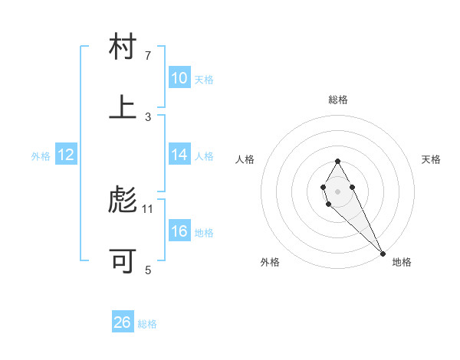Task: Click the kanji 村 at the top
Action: tap(123, 47)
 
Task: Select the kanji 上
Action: tap(123, 107)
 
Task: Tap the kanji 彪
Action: tap(123, 201)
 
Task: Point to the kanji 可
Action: tap(123, 261)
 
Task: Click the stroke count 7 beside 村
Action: tap(148, 56)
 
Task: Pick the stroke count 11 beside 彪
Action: tap(148, 208)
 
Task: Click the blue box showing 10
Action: tap(179, 78)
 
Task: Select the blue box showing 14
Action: tap(179, 155)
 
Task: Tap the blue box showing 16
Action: tap(179, 231)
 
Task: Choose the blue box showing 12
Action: tap(66, 155)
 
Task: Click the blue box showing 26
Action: tap(123, 322)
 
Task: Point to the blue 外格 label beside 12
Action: tap(41, 155)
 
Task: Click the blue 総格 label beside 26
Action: tap(147, 324)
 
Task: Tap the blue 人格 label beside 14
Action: tap(204, 155)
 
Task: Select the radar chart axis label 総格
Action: tap(337, 100)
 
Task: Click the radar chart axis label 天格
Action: tap(431, 159)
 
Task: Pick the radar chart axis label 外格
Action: tap(270, 262)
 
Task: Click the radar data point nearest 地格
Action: tap(383, 254)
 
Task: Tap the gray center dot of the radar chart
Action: tap(337, 190)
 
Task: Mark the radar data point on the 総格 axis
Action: tap(337, 161)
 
